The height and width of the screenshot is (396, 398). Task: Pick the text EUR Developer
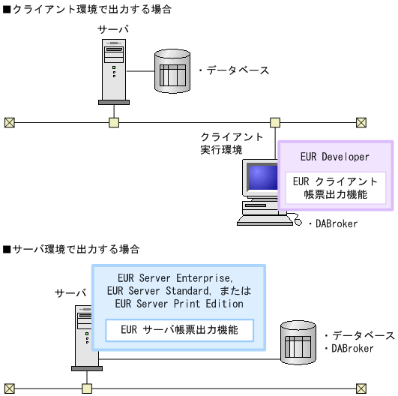334,157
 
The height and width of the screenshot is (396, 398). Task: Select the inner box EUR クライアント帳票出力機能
335,187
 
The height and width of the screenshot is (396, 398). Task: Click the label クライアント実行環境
231,143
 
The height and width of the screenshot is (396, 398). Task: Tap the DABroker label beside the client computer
333,223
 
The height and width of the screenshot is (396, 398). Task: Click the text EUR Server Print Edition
179,304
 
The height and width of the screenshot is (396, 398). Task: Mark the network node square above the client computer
275,121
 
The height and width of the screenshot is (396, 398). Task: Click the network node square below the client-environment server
114,121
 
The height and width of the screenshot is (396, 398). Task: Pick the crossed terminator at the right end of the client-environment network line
361,121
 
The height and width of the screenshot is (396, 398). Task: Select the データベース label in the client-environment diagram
234,70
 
